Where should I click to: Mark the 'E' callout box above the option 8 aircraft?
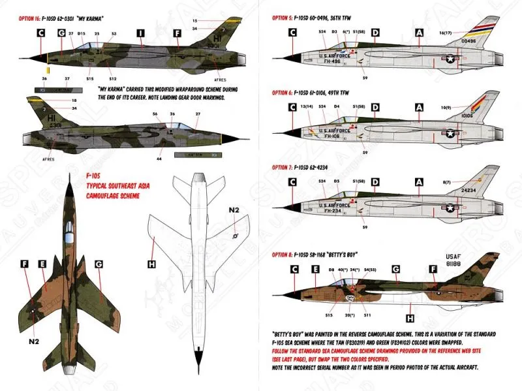(x=316, y=268)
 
